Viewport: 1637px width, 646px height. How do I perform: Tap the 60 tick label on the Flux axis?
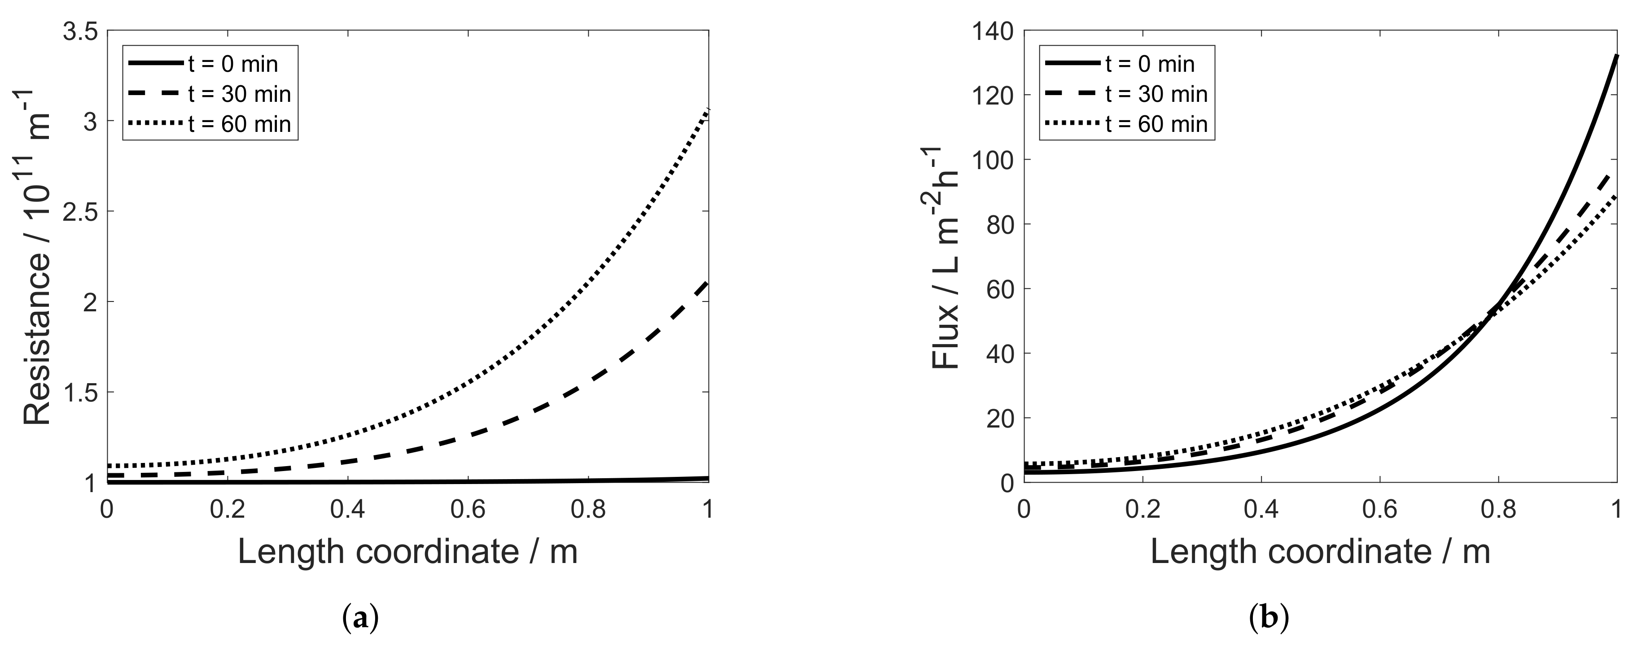coord(1001,288)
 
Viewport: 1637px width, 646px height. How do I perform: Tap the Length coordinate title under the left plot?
coord(407,551)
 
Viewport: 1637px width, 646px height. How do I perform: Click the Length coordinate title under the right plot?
coord(1320,551)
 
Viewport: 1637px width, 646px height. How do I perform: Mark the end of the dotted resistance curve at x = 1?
coord(708,110)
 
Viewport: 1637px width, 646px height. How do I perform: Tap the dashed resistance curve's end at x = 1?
coord(708,282)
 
